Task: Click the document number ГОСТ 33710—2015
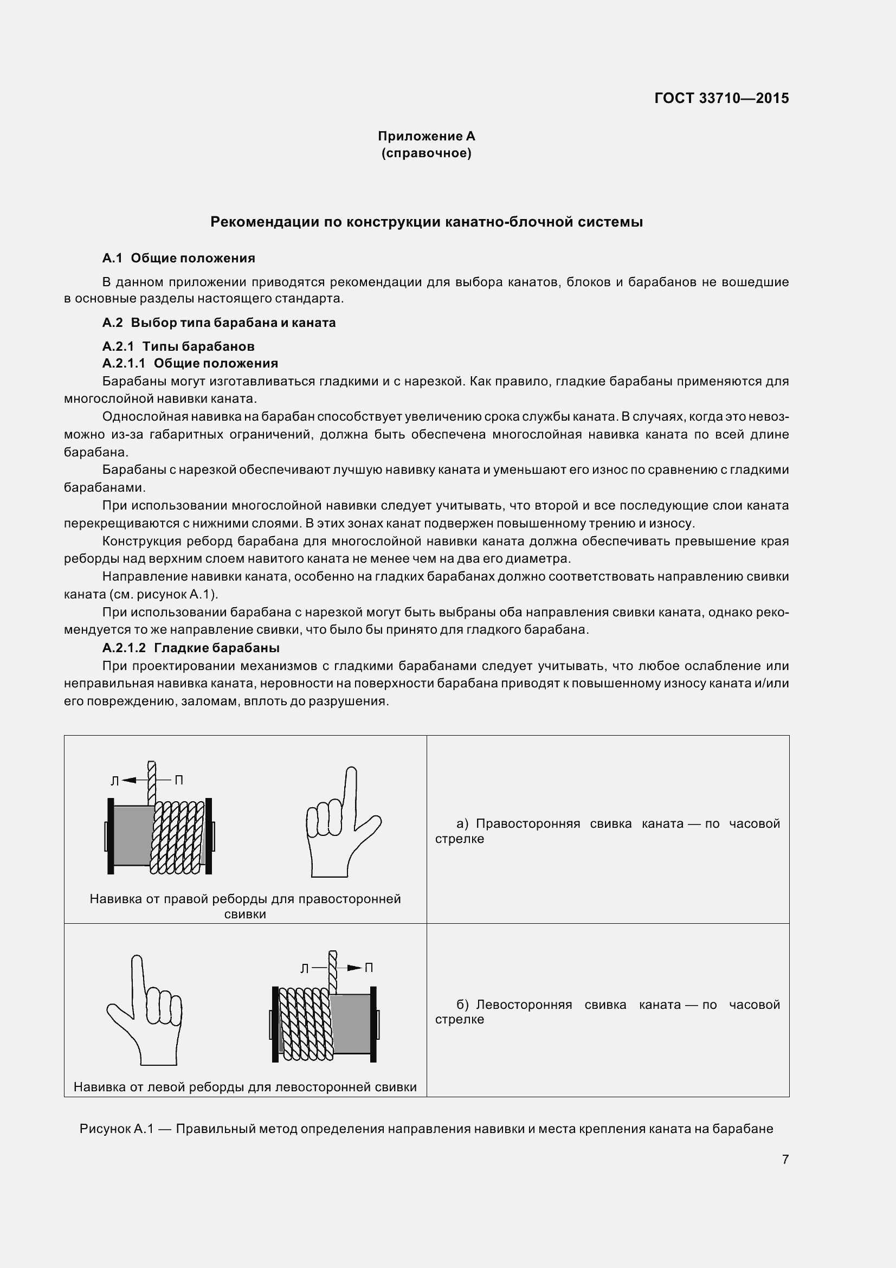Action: pos(721,98)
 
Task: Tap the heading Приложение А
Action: pos(426,136)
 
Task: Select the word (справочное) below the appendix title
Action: pos(426,153)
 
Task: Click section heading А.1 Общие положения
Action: pos(178,258)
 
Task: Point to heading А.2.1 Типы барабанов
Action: pos(178,346)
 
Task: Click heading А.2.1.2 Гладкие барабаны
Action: pos(190,647)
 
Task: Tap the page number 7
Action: pos(785,1159)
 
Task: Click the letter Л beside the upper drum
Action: pos(115,781)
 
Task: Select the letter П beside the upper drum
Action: pos(179,780)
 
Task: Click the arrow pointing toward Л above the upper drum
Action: pos(129,780)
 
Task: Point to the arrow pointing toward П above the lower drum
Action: pos(354,968)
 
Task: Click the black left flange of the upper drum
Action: pos(111,835)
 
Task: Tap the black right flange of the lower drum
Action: pos(373,1024)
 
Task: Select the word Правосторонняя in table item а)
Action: pos(528,823)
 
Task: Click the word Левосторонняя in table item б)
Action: pos(524,1005)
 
